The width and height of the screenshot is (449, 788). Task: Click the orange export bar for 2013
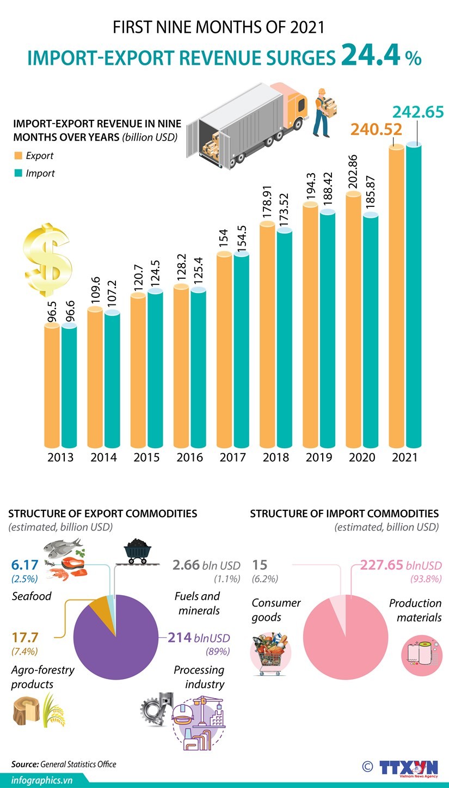point(52,387)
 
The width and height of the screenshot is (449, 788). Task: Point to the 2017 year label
point(233,457)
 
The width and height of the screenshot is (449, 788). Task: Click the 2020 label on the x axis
point(362,457)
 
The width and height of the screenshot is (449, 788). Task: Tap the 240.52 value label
point(376,129)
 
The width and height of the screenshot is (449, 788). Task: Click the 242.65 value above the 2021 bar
point(418,112)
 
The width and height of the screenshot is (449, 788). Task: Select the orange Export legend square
point(19,156)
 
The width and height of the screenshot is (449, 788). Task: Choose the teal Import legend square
point(19,173)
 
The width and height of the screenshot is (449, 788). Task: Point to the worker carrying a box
point(324,112)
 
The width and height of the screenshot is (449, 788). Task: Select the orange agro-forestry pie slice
point(101,607)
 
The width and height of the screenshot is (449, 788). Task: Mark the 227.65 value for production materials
point(382,565)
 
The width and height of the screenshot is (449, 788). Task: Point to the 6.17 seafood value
point(24,565)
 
